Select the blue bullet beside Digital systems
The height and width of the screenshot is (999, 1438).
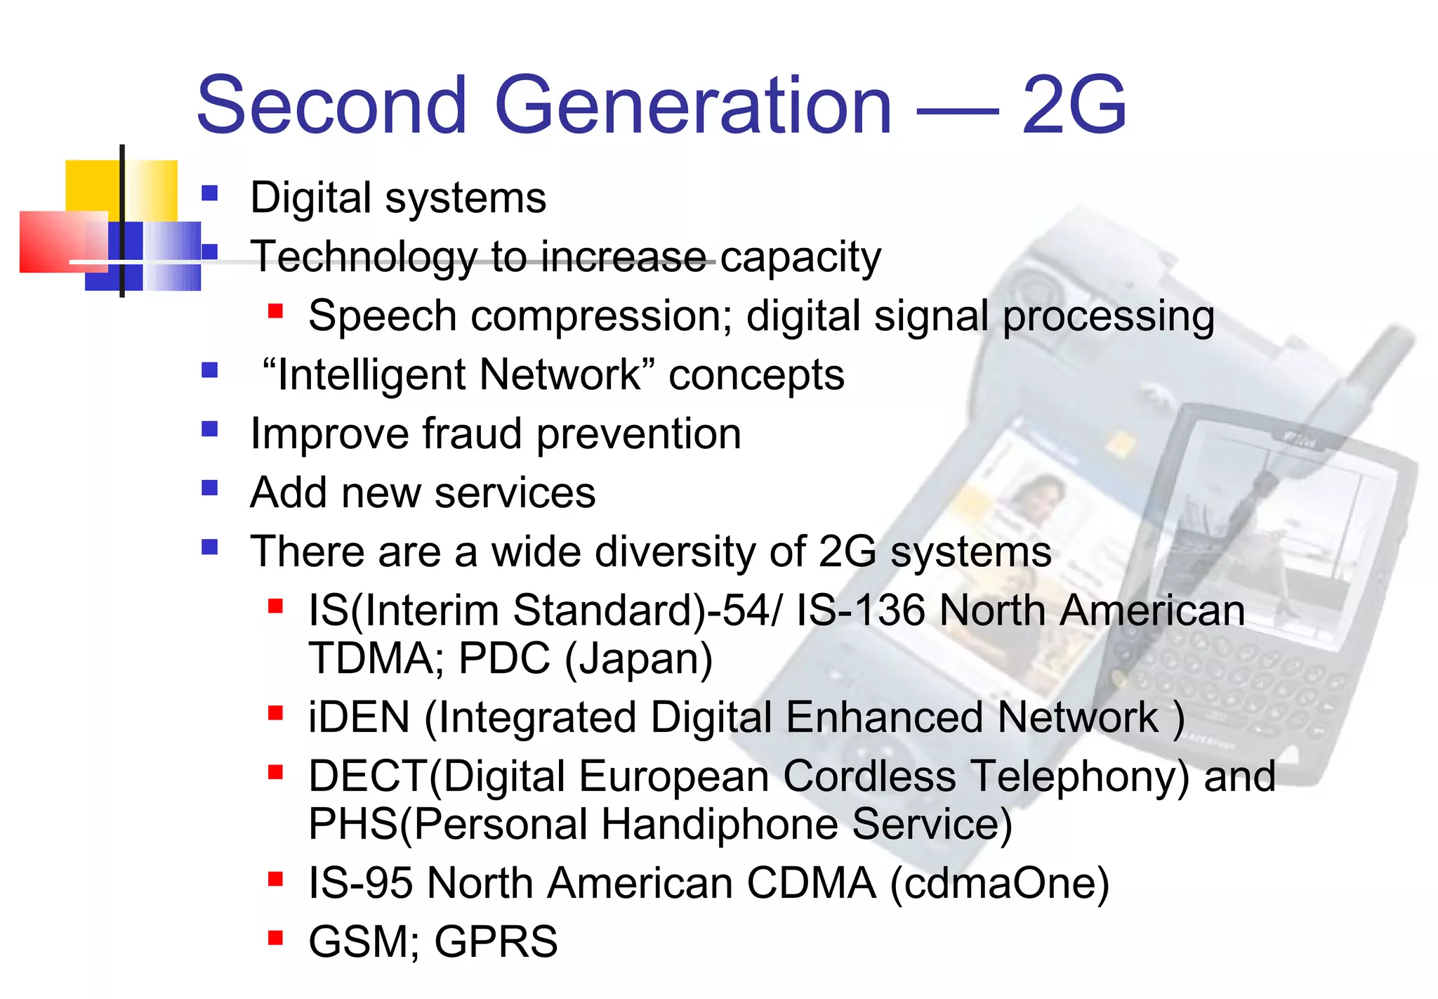pyautogui.click(x=209, y=192)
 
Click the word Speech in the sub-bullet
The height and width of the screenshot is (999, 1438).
pyautogui.click(x=383, y=316)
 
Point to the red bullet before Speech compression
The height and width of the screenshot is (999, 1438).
pyautogui.click(x=275, y=311)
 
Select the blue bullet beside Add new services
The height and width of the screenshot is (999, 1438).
pyautogui.click(x=209, y=487)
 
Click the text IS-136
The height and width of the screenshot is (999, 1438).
pyautogui.click(x=860, y=610)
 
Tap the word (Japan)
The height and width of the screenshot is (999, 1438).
pyautogui.click(x=638, y=658)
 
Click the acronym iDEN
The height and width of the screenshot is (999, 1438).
pyautogui.click(x=359, y=717)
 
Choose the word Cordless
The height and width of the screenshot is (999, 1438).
pyautogui.click(x=869, y=776)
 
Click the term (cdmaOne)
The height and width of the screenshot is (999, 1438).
pyautogui.click(x=1000, y=883)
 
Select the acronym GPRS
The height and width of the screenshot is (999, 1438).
pyautogui.click(x=496, y=942)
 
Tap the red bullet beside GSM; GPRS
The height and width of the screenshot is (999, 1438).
pyautogui.click(x=275, y=937)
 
